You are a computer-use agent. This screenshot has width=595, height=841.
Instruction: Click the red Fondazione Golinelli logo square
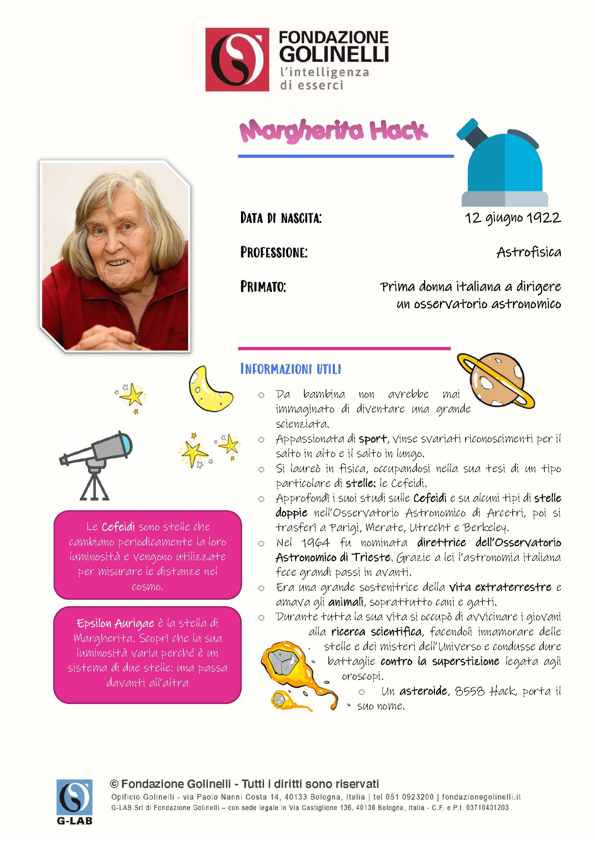(x=237, y=60)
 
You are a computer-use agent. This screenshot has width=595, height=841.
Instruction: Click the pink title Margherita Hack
(x=333, y=131)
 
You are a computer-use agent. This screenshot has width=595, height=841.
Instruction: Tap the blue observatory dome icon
(x=504, y=165)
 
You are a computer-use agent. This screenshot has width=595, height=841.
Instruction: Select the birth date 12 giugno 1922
(x=513, y=218)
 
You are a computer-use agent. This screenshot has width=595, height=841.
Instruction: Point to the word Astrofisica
(x=529, y=252)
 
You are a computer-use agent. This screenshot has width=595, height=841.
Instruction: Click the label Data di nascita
(x=281, y=218)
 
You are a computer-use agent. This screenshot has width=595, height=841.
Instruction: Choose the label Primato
(x=263, y=287)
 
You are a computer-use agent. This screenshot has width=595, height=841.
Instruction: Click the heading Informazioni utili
(x=291, y=369)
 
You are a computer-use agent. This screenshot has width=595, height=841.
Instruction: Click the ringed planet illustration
(x=496, y=381)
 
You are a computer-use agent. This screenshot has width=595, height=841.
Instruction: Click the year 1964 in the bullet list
(x=315, y=543)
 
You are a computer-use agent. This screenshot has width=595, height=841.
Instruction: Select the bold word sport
(x=373, y=439)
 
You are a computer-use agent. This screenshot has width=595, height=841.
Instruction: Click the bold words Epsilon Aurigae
(x=115, y=624)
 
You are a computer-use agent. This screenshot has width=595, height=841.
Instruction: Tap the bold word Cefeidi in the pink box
(x=118, y=527)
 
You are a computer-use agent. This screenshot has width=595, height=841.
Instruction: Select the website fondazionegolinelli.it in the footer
(x=481, y=797)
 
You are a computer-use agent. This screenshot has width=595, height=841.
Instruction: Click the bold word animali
(x=346, y=602)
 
